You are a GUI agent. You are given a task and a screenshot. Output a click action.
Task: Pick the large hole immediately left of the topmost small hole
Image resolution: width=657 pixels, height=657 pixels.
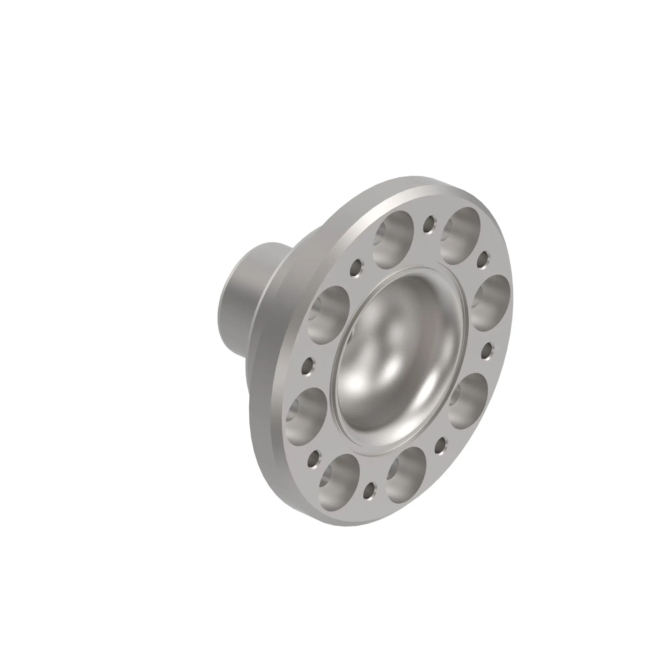click(x=394, y=239)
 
